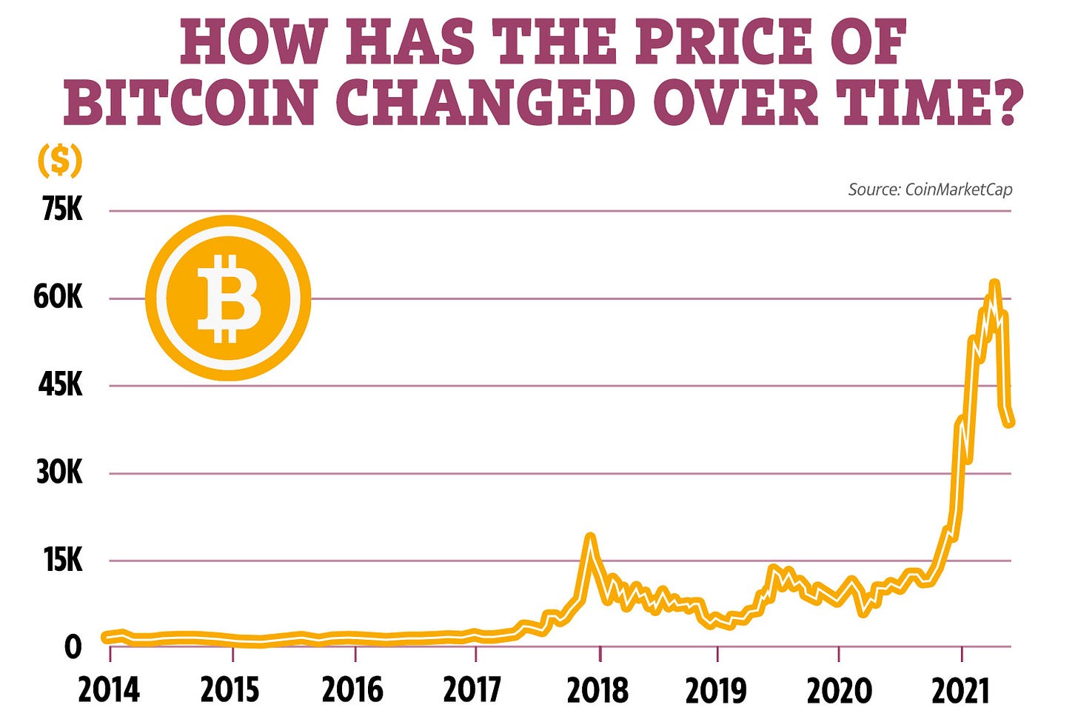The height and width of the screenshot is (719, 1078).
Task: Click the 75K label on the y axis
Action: tap(62, 210)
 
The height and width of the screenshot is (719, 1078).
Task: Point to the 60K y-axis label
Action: tap(58, 298)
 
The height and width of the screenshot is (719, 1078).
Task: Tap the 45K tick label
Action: tap(60, 385)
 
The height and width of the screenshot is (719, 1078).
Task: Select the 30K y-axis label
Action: tap(59, 472)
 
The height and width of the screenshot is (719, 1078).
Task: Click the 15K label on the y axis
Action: tap(63, 560)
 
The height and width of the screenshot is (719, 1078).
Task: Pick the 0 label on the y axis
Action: tap(73, 647)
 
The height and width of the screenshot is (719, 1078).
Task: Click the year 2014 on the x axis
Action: tap(109, 690)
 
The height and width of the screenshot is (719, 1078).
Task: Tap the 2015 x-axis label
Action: tap(230, 690)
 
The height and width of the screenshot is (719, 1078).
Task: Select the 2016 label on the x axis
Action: tap(352, 690)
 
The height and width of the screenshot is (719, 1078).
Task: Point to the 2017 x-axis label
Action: tap(473, 690)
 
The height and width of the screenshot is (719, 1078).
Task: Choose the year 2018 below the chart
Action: tap(597, 690)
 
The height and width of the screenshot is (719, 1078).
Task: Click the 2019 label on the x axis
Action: tap(716, 690)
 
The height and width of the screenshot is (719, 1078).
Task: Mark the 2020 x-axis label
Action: tap(839, 690)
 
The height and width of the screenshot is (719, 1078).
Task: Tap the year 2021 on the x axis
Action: tap(960, 690)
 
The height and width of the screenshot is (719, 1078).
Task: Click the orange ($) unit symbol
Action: tap(59, 161)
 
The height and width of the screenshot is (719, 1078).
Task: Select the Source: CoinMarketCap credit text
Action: tap(930, 190)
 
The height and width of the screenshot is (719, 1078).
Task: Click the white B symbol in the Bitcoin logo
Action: tap(228, 298)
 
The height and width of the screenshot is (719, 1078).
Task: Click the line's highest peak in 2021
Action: tap(994, 284)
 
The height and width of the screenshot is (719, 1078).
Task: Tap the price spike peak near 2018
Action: tap(590, 536)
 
